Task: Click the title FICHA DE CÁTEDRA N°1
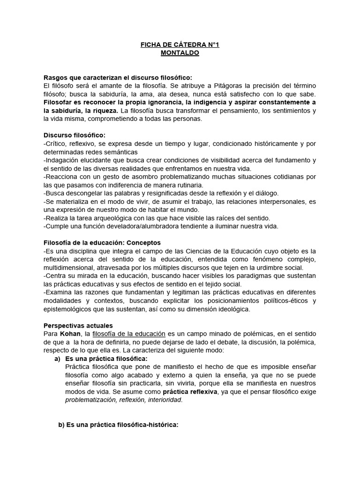(180, 45)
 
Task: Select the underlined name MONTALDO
(180, 53)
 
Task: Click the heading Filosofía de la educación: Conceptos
(102, 243)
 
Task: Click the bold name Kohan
(68, 334)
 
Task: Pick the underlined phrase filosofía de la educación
(129, 334)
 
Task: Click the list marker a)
(58, 359)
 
